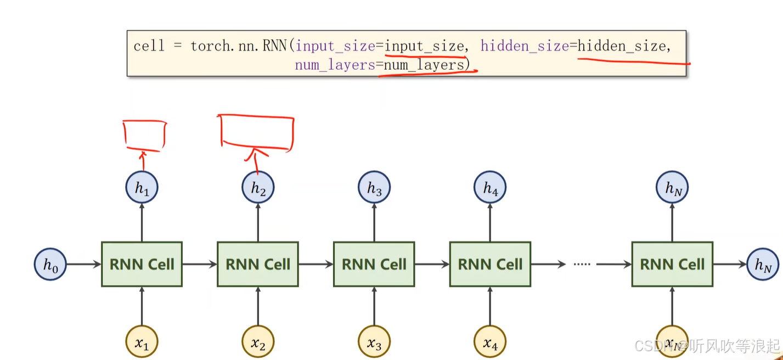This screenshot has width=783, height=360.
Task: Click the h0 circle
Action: point(50,265)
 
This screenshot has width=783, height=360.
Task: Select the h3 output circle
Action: point(374,188)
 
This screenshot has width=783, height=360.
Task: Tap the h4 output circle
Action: point(490,188)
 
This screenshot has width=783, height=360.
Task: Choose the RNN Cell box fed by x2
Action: point(258,265)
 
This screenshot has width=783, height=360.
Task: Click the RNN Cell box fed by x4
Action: point(490,265)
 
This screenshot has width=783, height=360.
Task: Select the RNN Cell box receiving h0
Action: point(142,265)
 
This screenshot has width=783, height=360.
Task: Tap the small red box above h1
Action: point(144,135)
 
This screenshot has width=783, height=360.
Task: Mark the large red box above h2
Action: point(256,132)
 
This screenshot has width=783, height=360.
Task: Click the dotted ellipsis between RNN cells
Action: point(581,265)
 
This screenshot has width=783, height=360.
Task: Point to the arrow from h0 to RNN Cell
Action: point(84,265)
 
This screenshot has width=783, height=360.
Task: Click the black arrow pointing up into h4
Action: point(490,222)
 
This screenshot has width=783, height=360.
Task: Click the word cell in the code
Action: point(149,46)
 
